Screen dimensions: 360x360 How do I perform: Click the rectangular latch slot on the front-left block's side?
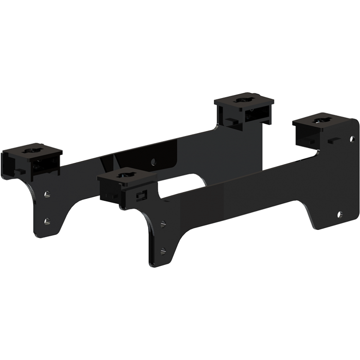[x=142, y=195]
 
